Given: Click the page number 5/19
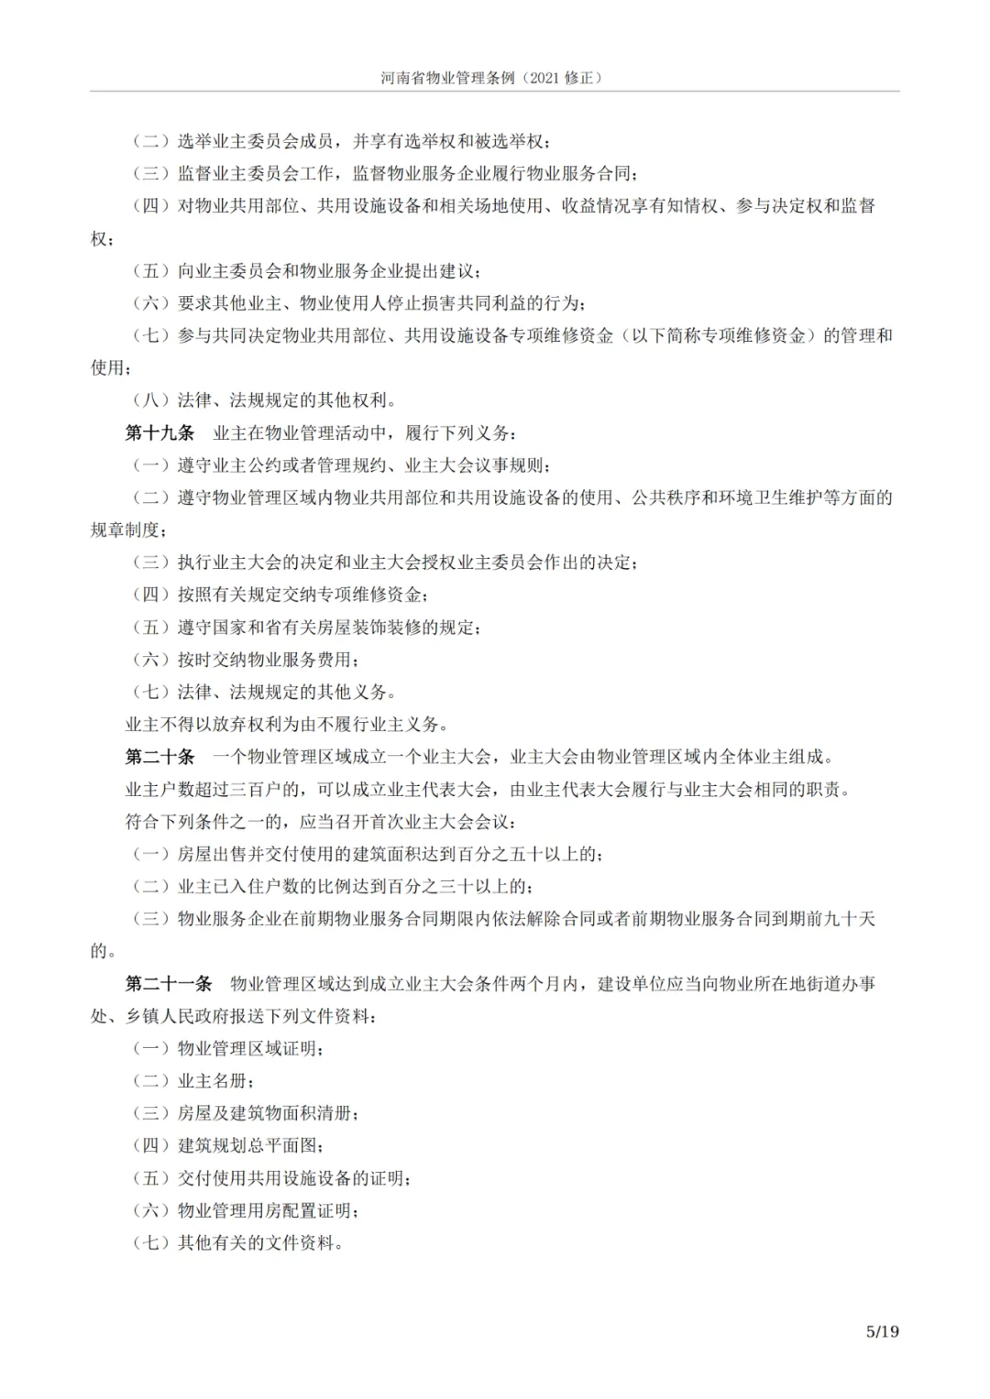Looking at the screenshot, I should [882, 1331].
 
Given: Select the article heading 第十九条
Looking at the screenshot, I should [159, 432].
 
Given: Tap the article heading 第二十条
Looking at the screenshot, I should [159, 757].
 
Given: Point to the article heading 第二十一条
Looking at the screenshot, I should [168, 984].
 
